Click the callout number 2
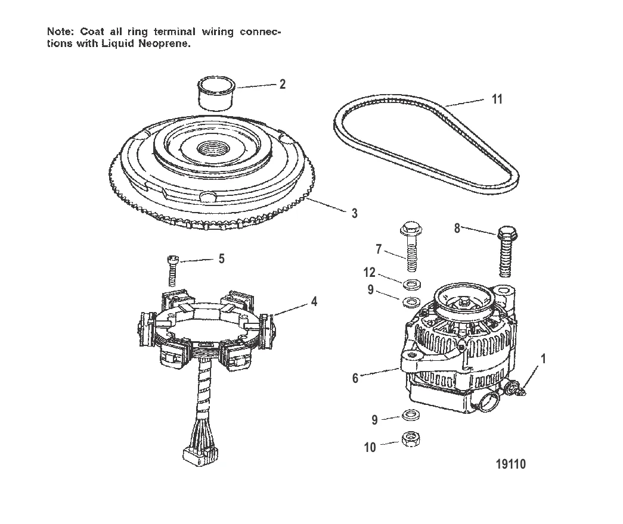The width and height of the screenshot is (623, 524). [x=282, y=84]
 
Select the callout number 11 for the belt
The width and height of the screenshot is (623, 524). [x=496, y=99]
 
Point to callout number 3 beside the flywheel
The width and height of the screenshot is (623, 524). [x=354, y=213]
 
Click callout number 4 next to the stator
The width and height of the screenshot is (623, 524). [x=314, y=302]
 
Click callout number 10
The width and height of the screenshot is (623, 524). [x=370, y=447]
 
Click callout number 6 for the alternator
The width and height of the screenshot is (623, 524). [x=355, y=378]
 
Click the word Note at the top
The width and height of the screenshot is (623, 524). [x=59, y=32]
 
